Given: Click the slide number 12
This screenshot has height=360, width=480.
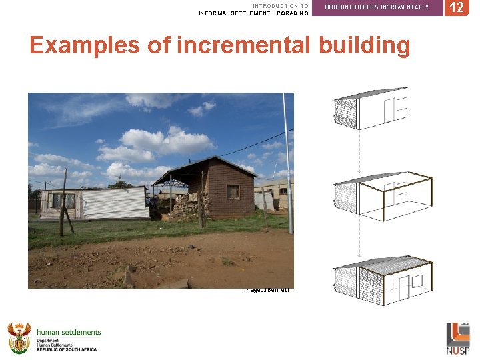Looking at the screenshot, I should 456,7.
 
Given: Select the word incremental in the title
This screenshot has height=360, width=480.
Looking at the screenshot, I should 244,45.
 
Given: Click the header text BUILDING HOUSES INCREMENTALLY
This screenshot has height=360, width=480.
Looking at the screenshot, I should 377,7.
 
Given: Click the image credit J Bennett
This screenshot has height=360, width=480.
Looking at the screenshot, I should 267,289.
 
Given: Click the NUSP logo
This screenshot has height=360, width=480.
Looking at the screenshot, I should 458,339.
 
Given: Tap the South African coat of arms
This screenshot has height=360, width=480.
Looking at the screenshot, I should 19,338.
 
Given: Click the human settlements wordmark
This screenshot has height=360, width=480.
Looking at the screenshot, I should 69,332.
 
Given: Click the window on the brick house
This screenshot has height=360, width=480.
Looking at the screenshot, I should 233,191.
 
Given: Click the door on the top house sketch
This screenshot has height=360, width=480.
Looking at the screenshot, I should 388,111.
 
